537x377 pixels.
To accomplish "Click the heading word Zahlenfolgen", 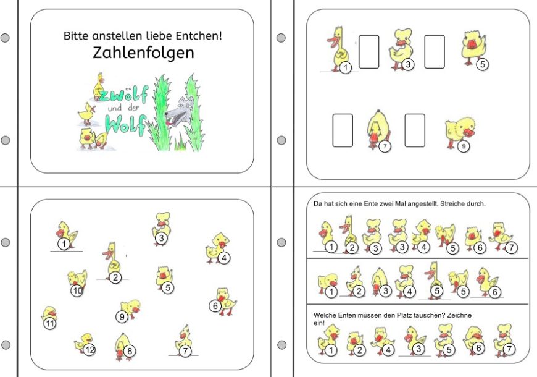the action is (143, 53).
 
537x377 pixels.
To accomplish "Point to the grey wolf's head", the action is (179, 111).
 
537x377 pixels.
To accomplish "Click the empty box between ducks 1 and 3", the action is (369, 52).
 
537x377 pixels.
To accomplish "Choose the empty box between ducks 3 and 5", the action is (435, 52).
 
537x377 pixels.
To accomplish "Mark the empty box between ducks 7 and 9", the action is (415, 130).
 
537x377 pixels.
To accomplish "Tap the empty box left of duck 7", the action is (343, 130).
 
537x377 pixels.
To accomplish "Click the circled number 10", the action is (77, 291).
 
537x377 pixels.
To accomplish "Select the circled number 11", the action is (50, 323).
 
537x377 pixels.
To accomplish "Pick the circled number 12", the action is (89, 350).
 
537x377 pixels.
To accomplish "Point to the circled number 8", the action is (130, 351).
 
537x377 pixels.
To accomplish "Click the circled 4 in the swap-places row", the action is (388, 350).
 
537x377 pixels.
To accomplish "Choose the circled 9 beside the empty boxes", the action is (464, 146).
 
